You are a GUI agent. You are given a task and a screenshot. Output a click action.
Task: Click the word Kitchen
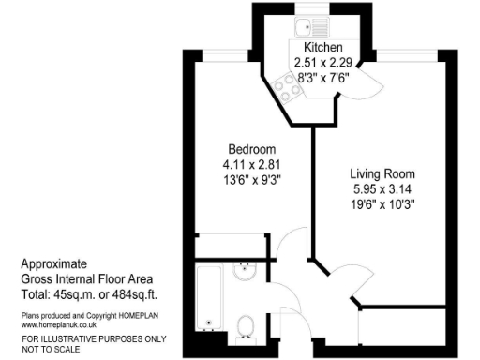[x=323, y=47]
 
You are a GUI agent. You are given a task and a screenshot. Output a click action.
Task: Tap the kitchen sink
[x=310, y=28]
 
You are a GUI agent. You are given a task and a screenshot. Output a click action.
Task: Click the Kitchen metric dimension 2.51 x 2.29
[x=323, y=62]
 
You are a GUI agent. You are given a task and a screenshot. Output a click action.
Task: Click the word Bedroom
[x=252, y=149]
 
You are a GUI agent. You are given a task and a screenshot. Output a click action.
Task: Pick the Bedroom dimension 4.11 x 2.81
[x=252, y=164]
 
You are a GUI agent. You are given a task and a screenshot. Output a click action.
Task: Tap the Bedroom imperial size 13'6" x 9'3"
[x=252, y=179]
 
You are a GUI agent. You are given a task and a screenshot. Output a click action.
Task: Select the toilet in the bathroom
[x=247, y=325]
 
